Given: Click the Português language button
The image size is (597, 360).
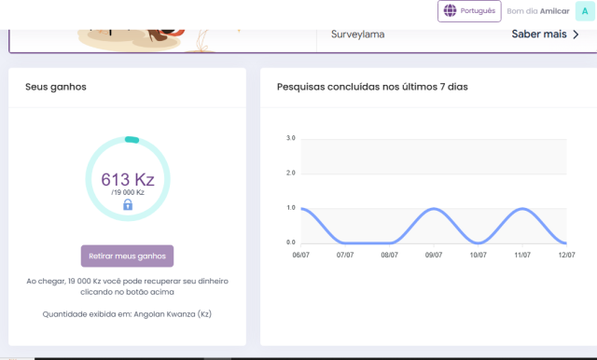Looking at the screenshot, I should [469, 11].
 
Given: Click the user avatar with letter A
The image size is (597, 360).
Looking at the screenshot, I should [583, 11].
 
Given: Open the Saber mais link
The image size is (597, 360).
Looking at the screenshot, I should [545, 35].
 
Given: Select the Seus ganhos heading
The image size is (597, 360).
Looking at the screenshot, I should [56, 87].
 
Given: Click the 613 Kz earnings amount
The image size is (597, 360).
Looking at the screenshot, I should [127, 179].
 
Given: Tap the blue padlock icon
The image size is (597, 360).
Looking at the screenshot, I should [128, 204].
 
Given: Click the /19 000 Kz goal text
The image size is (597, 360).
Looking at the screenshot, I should [128, 192].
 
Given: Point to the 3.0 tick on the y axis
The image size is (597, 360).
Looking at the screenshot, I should [290, 138].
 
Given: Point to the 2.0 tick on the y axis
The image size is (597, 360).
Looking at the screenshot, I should [290, 173].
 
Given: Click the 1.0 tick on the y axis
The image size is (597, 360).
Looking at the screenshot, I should [290, 207].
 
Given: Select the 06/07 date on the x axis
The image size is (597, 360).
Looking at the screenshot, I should [300, 254].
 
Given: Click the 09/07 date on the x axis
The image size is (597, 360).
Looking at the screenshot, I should [434, 254].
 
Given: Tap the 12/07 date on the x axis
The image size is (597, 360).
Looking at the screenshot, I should [566, 254].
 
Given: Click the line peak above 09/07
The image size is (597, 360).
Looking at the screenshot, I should [434, 208].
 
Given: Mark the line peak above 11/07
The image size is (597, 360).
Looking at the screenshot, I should [522, 208].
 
